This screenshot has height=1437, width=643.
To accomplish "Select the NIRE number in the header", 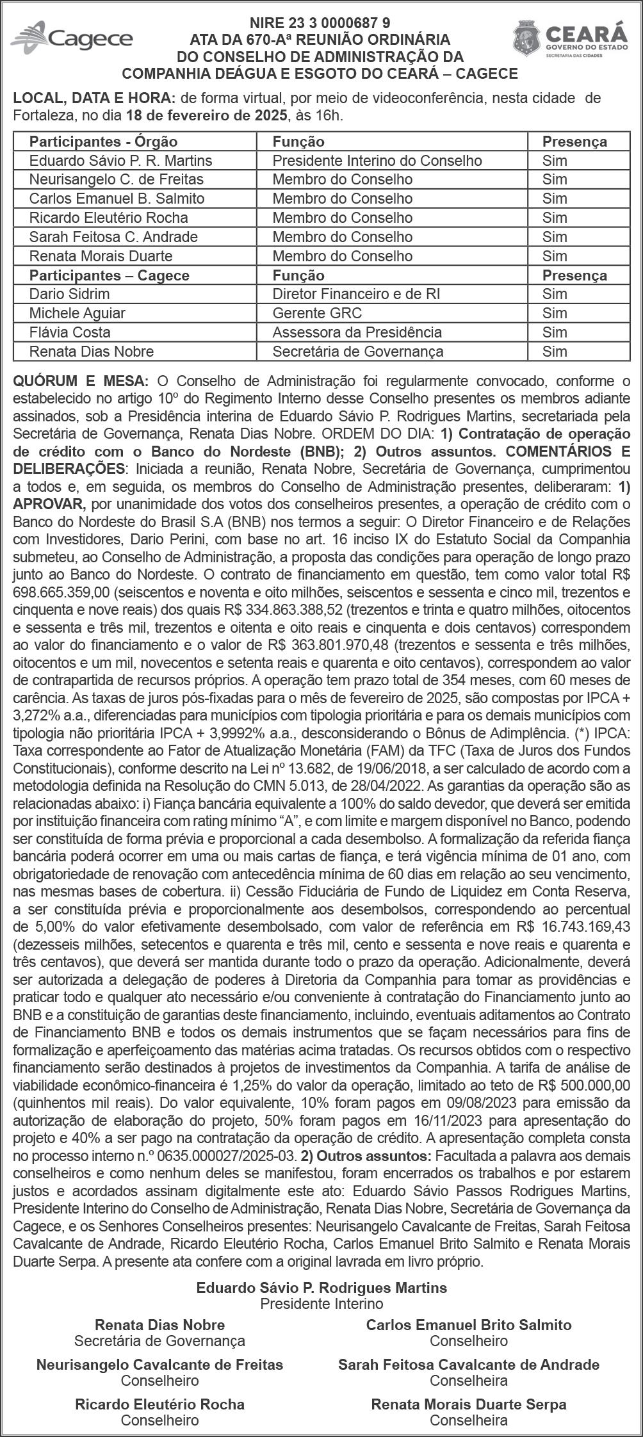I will pos(320,24).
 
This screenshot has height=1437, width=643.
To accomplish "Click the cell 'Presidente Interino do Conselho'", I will pos(377,160).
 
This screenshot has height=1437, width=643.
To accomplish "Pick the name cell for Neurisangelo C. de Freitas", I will pos(117,179).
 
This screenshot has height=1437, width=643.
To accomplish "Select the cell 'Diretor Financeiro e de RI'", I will pos(356,294).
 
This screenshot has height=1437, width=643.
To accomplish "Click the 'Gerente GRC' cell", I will pos(317,313).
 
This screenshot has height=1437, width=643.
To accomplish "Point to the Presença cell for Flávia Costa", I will pos(555,332).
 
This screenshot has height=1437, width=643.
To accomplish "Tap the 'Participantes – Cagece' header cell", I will pos(110,275).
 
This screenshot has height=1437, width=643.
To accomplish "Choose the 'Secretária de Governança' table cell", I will pos(358,352).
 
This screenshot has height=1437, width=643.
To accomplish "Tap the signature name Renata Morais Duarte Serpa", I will pos(469,1404).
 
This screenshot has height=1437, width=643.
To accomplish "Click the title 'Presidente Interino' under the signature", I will pos(321,1303).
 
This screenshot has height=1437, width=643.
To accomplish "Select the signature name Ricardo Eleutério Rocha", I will pos(159,1404).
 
